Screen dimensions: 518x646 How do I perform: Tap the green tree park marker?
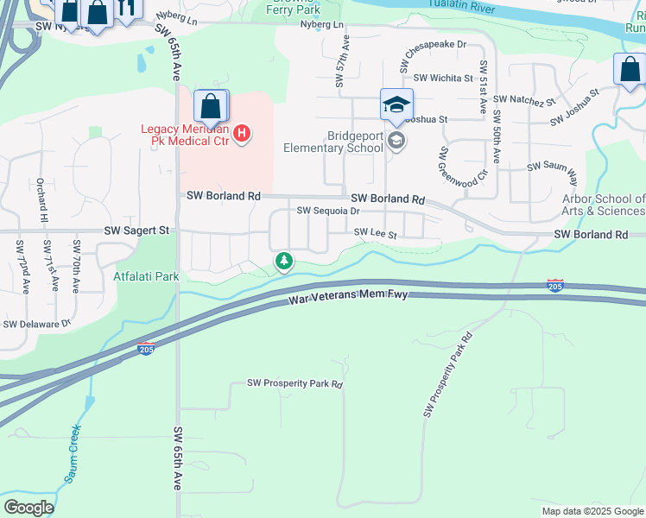(x=282, y=261)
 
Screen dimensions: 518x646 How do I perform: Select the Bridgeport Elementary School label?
(x=333, y=142)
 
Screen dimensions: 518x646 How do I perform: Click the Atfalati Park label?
(x=146, y=277)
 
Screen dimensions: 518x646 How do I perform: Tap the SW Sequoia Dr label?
(x=327, y=211)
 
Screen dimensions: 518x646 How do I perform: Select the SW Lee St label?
(x=376, y=234)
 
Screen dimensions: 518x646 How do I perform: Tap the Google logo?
(x=28, y=508)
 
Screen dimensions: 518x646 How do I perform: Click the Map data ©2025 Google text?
(x=592, y=511)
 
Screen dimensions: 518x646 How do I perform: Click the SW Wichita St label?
(x=443, y=78)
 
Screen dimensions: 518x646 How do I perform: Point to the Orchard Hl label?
(x=41, y=201)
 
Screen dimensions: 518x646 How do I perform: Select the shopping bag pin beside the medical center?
(x=210, y=108)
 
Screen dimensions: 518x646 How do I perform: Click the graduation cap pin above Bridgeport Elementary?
(x=396, y=105)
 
